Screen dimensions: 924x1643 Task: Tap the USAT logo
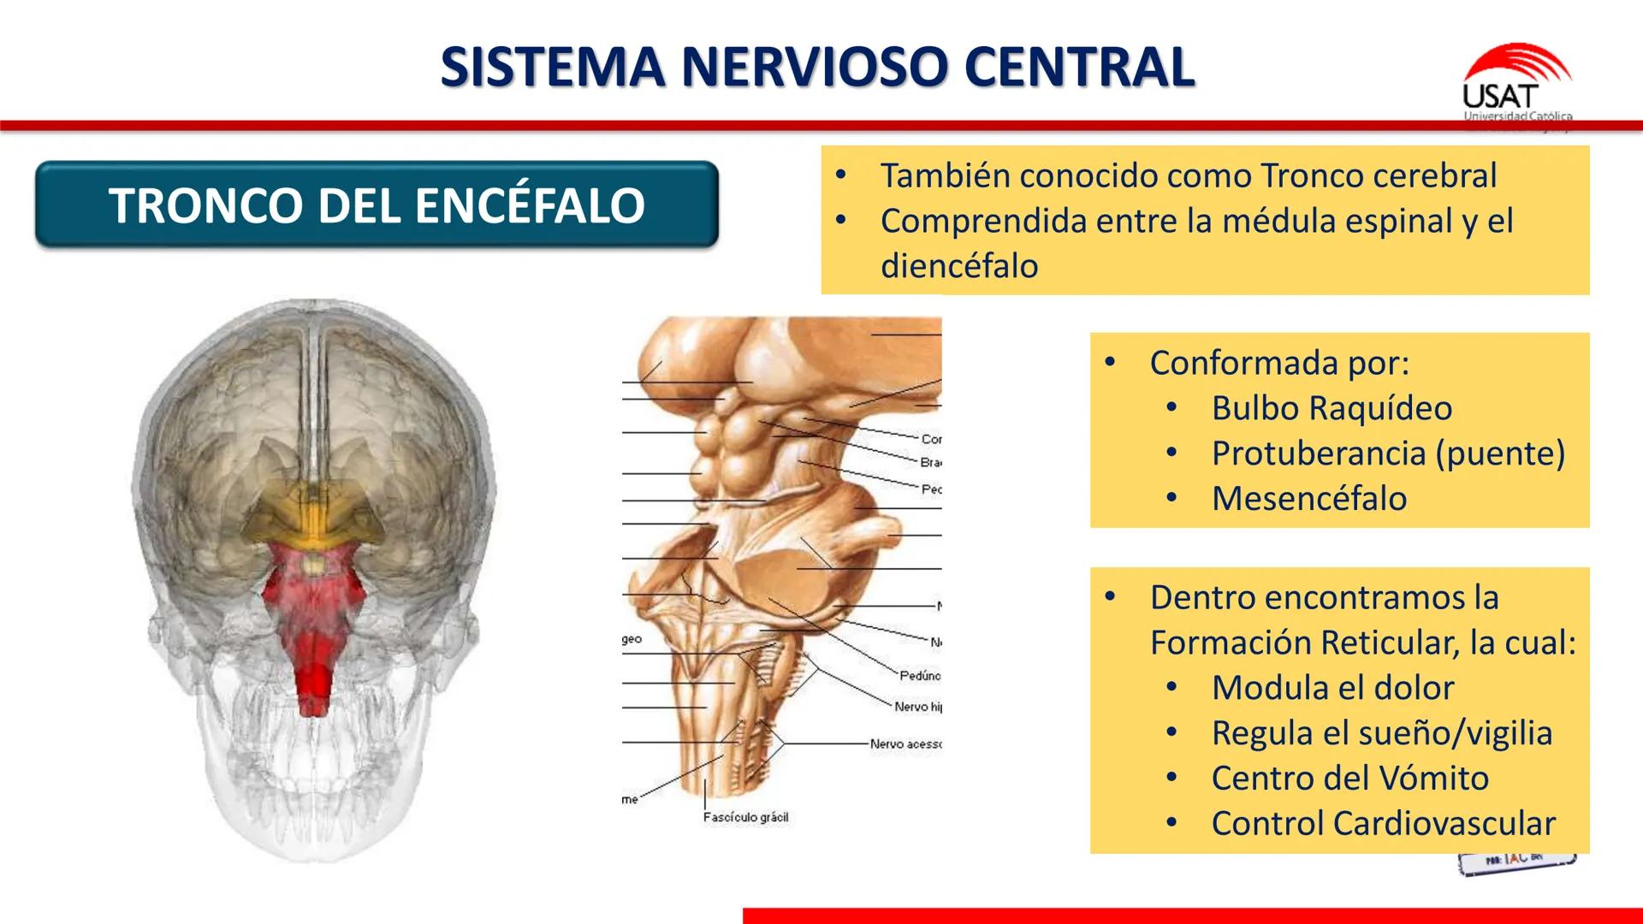pos(1515,86)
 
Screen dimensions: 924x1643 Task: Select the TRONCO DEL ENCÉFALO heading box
pos(377,205)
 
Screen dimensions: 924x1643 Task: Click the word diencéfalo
pos(959,266)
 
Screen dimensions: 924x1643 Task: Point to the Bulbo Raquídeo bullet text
pos(1332,408)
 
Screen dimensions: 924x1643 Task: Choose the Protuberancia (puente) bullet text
pos(1388,453)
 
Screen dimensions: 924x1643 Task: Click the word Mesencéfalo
pos(1309,499)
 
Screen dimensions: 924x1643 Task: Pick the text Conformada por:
pos(1279,363)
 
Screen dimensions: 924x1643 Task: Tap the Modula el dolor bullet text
pos(1332,688)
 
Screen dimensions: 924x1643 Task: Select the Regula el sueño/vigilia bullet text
pos(1381,733)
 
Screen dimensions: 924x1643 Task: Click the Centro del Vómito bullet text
pos(1349,779)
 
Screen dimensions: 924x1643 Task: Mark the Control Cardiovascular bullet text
pos(1383,824)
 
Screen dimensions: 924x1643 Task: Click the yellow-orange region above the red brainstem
pos(312,509)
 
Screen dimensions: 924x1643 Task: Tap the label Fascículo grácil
pos(745,818)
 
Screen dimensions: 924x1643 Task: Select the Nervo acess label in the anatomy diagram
pos(905,744)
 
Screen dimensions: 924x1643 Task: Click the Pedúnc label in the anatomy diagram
pos(920,676)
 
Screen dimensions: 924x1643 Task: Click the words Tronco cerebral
pos(1379,176)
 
